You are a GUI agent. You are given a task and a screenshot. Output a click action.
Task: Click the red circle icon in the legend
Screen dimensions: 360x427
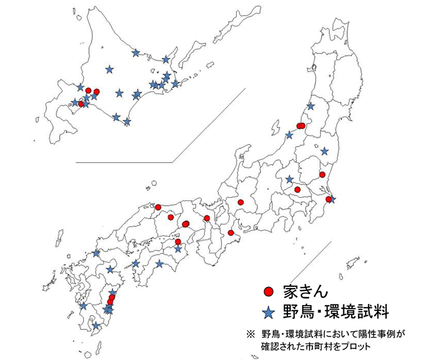[268, 290]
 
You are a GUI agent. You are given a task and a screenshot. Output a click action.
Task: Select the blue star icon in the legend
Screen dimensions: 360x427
[268, 312]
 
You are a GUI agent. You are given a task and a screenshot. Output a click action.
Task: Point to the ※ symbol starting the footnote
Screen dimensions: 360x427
[249, 334]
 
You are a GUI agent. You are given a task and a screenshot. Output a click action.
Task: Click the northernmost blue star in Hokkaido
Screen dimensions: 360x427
[135, 52]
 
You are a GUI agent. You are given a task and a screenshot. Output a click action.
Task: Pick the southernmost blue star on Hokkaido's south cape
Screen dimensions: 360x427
[126, 122]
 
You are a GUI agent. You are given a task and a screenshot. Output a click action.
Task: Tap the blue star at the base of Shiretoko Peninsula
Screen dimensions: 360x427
[166, 59]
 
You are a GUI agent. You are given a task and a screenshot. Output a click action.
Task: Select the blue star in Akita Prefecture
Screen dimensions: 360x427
[310, 106]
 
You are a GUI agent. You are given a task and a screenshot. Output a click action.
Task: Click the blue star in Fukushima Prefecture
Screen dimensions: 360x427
[325, 151]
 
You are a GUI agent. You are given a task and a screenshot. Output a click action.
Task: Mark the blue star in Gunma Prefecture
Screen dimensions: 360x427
[289, 179]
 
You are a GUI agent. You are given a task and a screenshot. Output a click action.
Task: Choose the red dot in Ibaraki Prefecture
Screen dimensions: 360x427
[321, 175]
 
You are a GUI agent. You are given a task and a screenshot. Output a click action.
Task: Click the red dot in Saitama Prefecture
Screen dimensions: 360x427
[298, 190]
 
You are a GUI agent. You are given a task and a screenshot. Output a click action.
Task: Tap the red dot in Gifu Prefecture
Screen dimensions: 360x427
[241, 202]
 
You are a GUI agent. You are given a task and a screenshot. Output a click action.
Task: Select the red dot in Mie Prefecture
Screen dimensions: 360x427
[231, 232]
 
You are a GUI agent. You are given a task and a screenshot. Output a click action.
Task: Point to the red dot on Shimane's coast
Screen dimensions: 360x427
[157, 207]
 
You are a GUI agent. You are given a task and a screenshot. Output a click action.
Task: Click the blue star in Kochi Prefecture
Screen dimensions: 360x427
[160, 264]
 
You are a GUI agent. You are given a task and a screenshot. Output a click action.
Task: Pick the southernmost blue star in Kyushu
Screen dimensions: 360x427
[96, 325]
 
